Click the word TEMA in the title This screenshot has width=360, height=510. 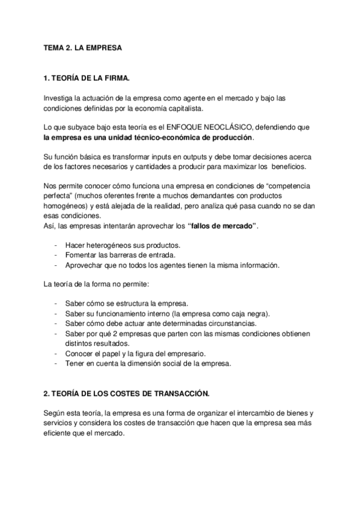tap(54, 49)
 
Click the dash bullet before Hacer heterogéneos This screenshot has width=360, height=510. tap(56, 245)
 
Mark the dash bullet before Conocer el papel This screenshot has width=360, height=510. tap(56, 354)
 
